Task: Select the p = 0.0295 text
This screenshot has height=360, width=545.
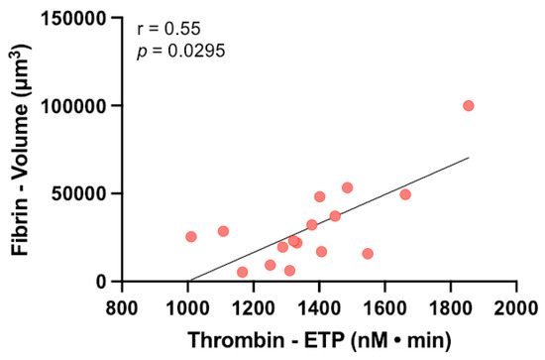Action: (x=175, y=50)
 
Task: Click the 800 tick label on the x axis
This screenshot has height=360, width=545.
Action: (x=122, y=303)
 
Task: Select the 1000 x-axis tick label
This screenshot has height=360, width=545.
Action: (x=187, y=303)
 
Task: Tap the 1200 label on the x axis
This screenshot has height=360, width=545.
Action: (x=254, y=303)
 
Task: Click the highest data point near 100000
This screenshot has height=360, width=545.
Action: (x=469, y=106)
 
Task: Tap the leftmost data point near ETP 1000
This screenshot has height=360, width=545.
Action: (x=191, y=237)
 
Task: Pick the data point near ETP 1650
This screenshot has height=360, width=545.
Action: (x=405, y=194)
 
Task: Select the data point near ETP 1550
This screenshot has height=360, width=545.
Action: (x=368, y=254)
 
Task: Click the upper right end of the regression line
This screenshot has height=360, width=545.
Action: (x=469, y=158)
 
